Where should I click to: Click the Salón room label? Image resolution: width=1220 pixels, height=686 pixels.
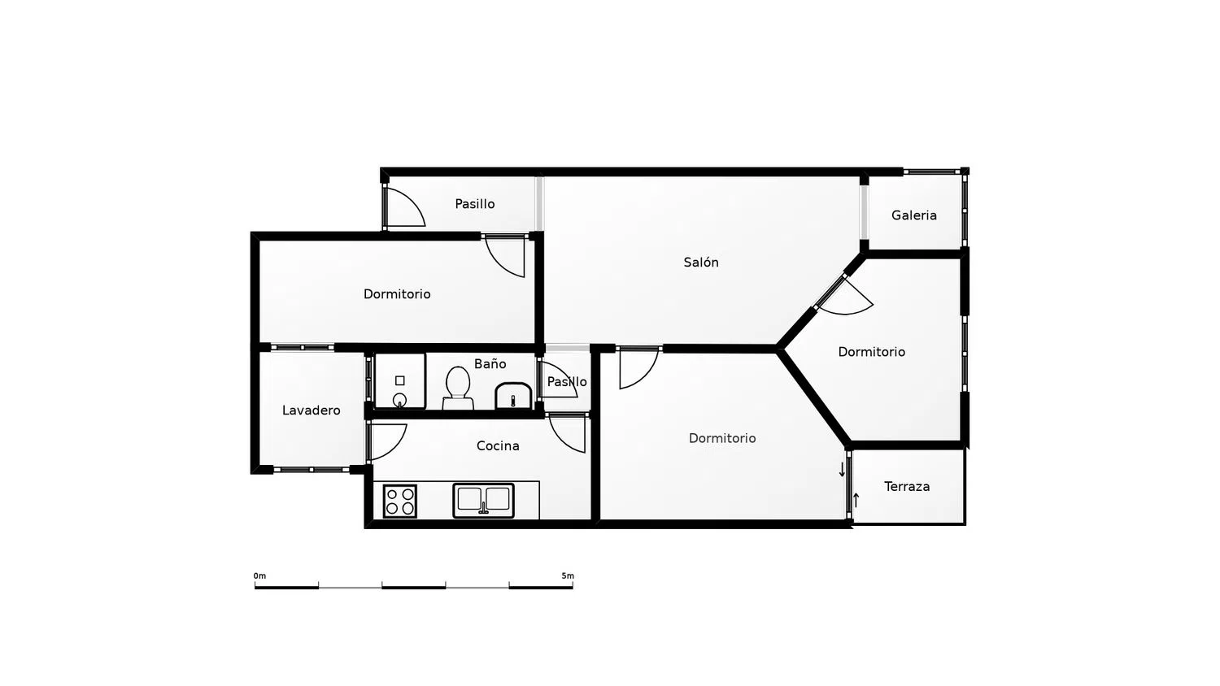pyautogui.click(x=701, y=263)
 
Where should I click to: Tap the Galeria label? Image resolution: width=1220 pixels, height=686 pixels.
pyautogui.click(x=914, y=215)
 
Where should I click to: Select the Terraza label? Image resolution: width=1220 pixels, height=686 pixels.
pyautogui.click(x=907, y=487)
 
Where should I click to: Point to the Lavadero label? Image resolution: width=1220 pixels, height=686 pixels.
pyautogui.click(x=311, y=410)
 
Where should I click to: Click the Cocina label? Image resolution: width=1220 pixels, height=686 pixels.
pyautogui.click(x=498, y=446)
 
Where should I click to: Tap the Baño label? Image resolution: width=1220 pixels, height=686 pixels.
pyautogui.click(x=490, y=363)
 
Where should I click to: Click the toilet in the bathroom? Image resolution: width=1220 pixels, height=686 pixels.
pyautogui.click(x=457, y=388)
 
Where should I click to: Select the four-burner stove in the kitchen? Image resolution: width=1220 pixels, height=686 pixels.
pyautogui.click(x=400, y=501)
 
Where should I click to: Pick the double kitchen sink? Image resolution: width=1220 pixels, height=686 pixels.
pyautogui.click(x=483, y=501)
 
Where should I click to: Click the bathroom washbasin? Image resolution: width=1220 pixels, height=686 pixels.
pyautogui.click(x=513, y=396)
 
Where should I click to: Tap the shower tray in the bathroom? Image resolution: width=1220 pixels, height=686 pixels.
pyautogui.click(x=400, y=380)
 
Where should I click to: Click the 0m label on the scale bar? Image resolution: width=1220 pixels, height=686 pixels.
pyautogui.click(x=259, y=576)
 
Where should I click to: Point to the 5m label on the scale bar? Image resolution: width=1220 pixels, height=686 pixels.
pyautogui.click(x=568, y=576)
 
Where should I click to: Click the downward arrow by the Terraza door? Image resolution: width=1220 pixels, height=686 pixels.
pyautogui.click(x=842, y=470)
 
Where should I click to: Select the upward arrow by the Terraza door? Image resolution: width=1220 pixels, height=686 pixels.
pyautogui.click(x=856, y=501)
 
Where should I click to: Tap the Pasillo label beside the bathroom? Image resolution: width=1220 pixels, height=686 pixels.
pyautogui.click(x=567, y=382)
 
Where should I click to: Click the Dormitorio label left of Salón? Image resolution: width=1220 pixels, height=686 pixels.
pyautogui.click(x=397, y=294)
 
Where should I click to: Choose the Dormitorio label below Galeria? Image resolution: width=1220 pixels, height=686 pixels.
pyautogui.click(x=871, y=352)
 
